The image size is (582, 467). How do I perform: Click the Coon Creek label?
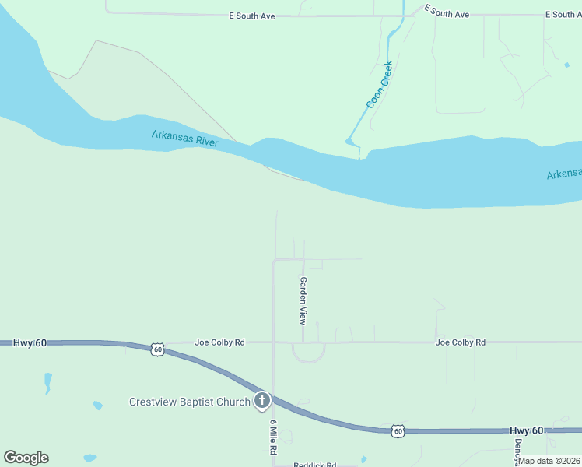point(380,85)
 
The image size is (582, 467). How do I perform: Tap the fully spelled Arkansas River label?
point(184,139)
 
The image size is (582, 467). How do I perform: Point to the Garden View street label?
point(303,300)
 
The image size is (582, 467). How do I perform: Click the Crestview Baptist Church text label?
point(189,402)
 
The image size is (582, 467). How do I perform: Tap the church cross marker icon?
point(262,402)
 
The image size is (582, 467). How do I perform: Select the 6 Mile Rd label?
point(273,438)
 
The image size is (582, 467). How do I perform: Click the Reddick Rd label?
point(314,465)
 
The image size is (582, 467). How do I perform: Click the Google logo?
point(26,458)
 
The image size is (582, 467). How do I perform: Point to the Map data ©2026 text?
point(549,461)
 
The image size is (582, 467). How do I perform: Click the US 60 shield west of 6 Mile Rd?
point(158,349)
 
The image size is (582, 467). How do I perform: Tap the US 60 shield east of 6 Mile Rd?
point(398,430)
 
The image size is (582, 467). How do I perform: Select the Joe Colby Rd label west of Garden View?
point(219,342)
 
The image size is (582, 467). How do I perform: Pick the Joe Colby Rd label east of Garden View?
point(461,342)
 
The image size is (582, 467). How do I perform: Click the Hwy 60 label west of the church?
point(30,342)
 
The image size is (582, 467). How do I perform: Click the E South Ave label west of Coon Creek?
point(253,16)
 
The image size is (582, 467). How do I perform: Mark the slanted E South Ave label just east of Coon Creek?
point(447,12)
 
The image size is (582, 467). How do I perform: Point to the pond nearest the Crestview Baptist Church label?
point(97,406)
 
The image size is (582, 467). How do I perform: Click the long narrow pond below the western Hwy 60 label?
point(47,382)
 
